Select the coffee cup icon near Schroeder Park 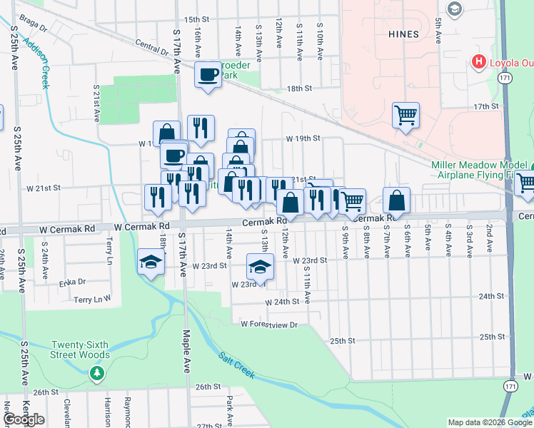[x=208, y=75]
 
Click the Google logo [x=24, y=419]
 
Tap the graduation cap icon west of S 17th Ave [x=151, y=263]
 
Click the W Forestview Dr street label [x=268, y=324]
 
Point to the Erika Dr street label [x=71, y=282]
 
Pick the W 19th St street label [x=301, y=138]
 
